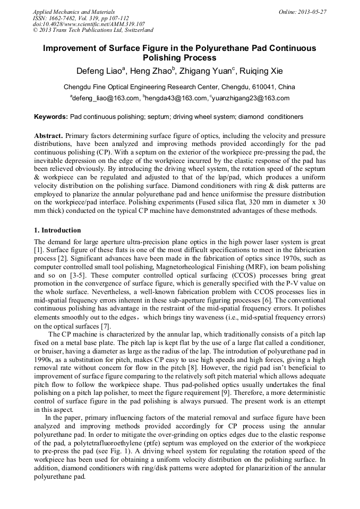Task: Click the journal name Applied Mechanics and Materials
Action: (x=74, y=12)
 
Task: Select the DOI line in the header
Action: (x=89, y=24)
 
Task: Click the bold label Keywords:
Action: (x=51, y=116)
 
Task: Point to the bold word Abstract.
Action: (x=49, y=136)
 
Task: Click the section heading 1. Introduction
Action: (x=57, y=231)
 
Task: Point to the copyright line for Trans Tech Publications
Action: (x=93, y=31)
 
